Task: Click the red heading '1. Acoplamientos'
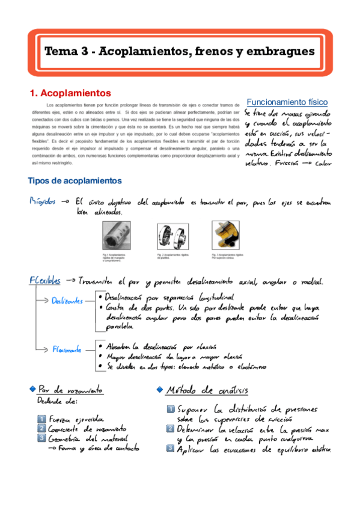[x=70, y=93]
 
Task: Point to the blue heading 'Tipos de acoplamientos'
[x=75, y=180]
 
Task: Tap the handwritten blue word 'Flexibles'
[x=45, y=280]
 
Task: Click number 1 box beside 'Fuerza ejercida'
[x=41, y=419]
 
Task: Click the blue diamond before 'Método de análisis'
[x=159, y=389]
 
